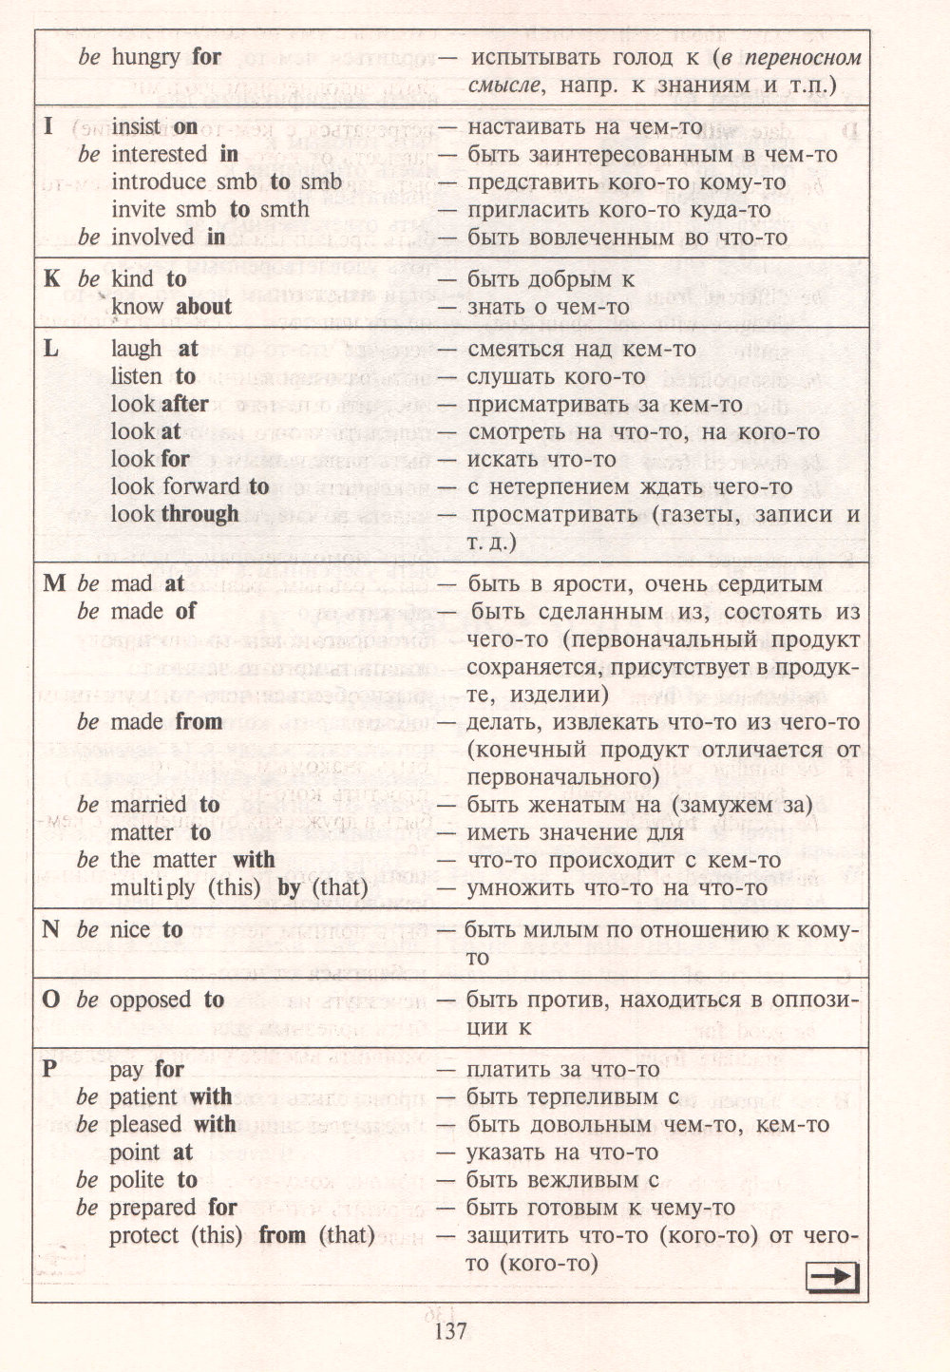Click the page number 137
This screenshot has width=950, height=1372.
pyautogui.click(x=451, y=1330)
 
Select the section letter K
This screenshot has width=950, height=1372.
pyautogui.click(x=51, y=279)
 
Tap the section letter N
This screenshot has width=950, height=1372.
pyautogui.click(x=51, y=929)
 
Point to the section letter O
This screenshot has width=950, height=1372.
pyautogui.click(x=51, y=1000)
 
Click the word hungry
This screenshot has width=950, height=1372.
pyautogui.click(x=145, y=57)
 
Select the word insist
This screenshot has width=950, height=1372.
pyautogui.click(x=136, y=126)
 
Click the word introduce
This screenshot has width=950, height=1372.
pyautogui.click(x=159, y=181)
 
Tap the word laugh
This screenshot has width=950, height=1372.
pyautogui.click(x=136, y=350)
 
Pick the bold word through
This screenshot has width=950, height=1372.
pyautogui.click(x=199, y=514)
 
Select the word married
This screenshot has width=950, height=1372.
pyautogui.click(x=149, y=805)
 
